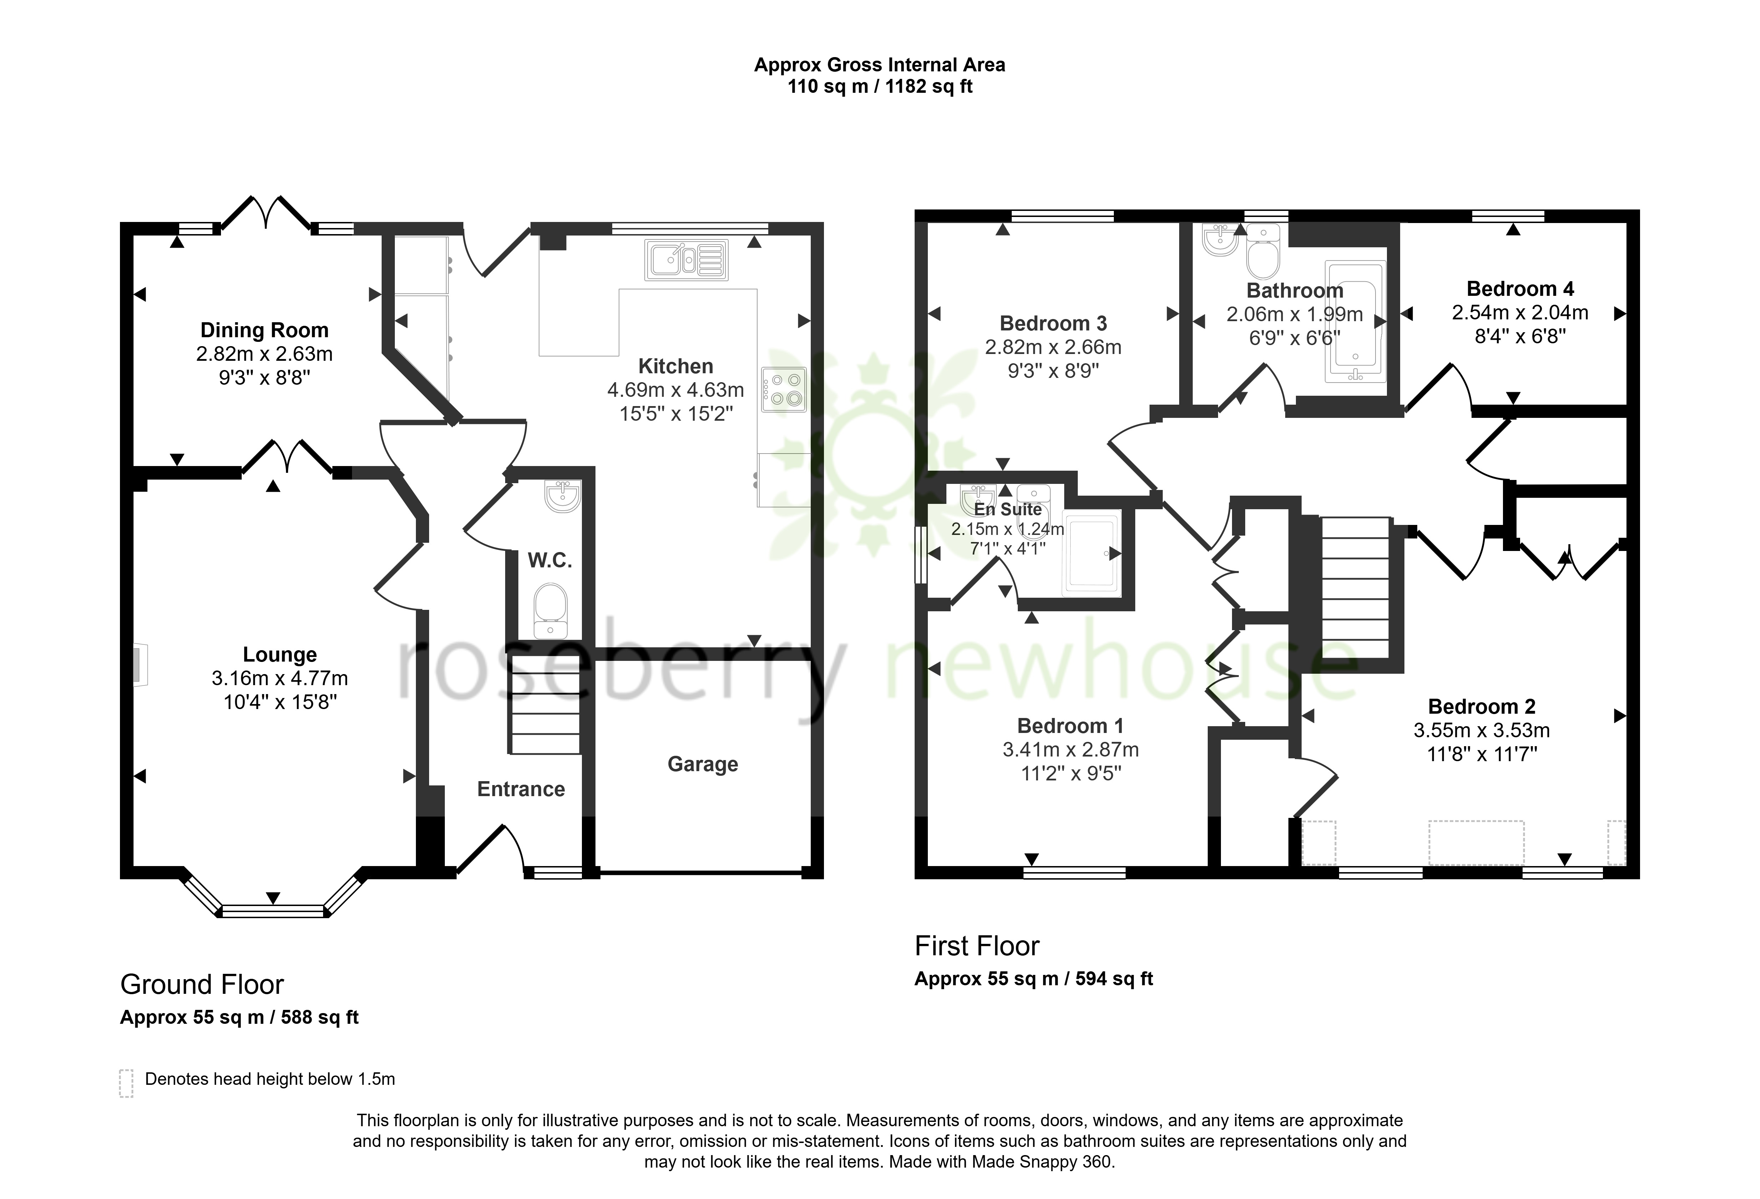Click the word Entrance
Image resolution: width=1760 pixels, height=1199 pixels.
tap(521, 789)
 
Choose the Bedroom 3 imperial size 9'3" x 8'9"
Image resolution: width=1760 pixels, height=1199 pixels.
tap(1054, 371)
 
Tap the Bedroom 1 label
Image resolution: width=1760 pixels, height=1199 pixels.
tap(1070, 726)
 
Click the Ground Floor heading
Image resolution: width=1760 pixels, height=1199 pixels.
tap(202, 985)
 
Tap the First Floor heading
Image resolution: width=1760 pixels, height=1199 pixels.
tap(977, 946)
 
